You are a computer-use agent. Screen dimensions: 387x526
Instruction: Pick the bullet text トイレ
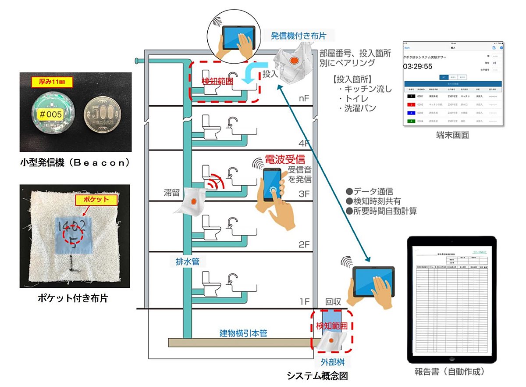357,99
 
